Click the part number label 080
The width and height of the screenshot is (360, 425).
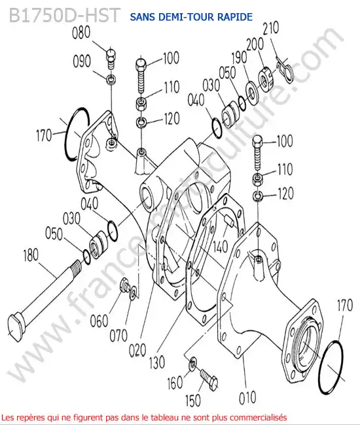coord(81,33)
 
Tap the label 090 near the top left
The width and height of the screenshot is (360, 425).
coord(82,61)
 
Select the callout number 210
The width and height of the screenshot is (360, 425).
coord(271,28)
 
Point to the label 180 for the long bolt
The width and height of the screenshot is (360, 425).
coord(31,256)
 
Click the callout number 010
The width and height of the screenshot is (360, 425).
coord(247,398)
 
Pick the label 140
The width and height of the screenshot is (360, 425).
coord(220,246)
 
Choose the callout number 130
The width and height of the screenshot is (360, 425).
coord(157,362)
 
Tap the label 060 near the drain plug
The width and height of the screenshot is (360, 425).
coord(99,322)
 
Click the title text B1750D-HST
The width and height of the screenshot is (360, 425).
coord(64,15)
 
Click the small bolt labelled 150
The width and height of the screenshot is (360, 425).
coord(209,379)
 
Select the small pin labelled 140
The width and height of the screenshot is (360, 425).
coord(228,220)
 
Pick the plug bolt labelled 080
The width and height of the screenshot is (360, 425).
coord(111,58)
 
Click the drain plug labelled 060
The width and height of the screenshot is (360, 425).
coord(124,284)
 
